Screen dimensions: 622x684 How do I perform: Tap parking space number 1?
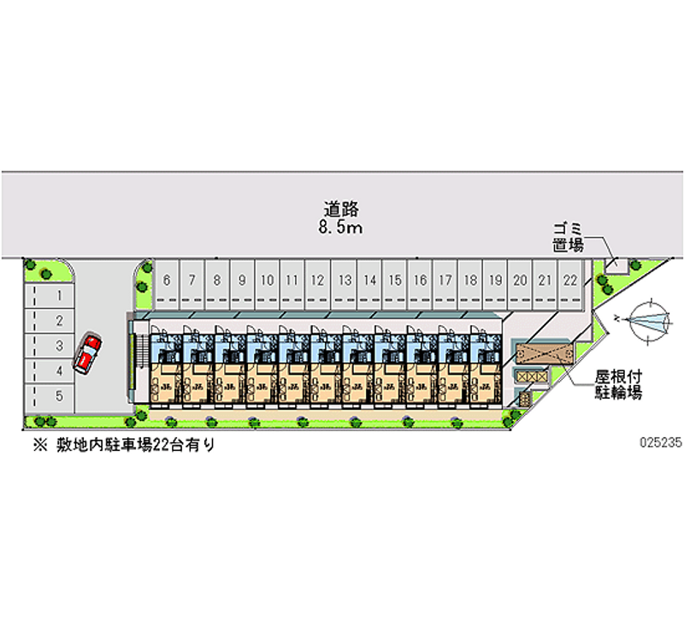click(59, 296)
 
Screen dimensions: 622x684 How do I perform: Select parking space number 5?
click(59, 396)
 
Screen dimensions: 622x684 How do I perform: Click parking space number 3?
click(59, 347)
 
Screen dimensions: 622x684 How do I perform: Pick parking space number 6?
click(167, 280)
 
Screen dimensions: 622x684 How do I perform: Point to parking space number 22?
click(569, 280)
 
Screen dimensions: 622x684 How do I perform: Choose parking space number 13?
click(344, 280)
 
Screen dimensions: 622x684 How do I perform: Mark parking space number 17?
click(445, 280)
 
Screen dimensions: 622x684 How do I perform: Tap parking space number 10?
click(267, 280)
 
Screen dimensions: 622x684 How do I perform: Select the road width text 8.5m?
click(340, 228)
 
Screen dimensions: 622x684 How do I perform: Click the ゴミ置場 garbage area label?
click(567, 237)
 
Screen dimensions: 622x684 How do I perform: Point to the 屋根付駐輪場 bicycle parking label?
click(620, 385)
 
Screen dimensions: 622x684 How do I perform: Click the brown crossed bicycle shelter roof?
click(541, 354)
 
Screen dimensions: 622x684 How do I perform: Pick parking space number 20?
click(519, 280)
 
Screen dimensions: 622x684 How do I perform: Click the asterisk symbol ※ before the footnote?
click(38, 444)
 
